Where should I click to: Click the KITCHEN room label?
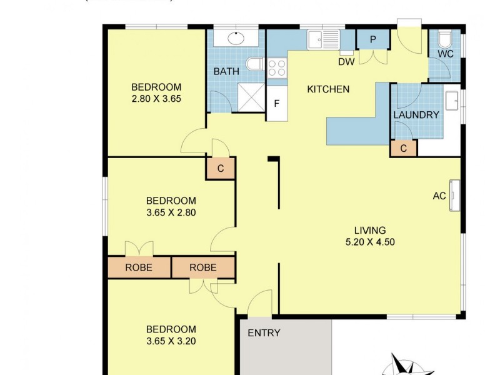328,89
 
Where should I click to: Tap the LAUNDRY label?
416,115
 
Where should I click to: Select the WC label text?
445,54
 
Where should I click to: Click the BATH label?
226,72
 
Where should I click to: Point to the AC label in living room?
439,196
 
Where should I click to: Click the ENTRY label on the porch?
264,333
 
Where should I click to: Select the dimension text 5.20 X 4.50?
371,242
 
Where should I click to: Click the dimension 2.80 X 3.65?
156,99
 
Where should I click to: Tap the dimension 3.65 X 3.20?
171,341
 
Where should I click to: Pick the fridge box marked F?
277,103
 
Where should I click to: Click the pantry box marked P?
372,39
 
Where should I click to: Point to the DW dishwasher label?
346,62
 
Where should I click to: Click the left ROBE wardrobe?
139,267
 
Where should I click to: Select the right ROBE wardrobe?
203,267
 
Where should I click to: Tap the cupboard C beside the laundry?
403,149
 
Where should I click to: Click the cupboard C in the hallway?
221,168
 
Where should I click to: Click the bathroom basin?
236,38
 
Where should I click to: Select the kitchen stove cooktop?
277,67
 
